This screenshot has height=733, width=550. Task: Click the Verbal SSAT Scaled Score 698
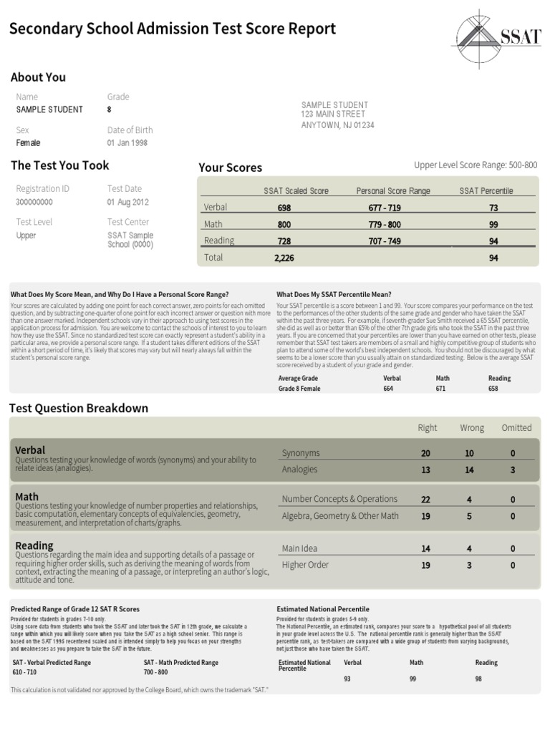pyautogui.click(x=284, y=208)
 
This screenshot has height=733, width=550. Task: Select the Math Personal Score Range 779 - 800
pyautogui.click(x=385, y=225)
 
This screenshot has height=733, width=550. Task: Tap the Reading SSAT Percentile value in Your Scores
pyautogui.click(x=493, y=241)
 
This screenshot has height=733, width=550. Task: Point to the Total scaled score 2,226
pyautogui.click(x=284, y=258)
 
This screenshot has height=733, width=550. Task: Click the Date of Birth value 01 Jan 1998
pyautogui.click(x=127, y=143)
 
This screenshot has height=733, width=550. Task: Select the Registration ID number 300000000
pyautogui.click(x=34, y=202)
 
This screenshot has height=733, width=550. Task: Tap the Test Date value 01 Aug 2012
pyautogui.click(x=128, y=202)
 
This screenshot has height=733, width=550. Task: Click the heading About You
pyautogui.click(x=38, y=77)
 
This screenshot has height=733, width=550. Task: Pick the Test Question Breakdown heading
pyautogui.click(x=79, y=408)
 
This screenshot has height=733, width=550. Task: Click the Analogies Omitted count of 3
pyautogui.click(x=512, y=470)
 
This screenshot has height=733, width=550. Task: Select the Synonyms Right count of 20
pyautogui.click(x=426, y=454)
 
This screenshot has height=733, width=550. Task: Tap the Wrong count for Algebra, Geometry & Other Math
pyautogui.click(x=469, y=516)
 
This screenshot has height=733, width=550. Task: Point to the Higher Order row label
pyautogui.click(x=305, y=565)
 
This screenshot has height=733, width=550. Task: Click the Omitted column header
pyautogui.click(x=516, y=428)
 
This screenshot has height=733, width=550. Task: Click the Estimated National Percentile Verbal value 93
pyautogui.click(x=348, y=679)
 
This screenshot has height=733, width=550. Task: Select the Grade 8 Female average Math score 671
pyautogui.click(x=440, y=389)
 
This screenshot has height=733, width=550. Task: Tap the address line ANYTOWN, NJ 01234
pyautogui.click(x=337, y=125)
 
